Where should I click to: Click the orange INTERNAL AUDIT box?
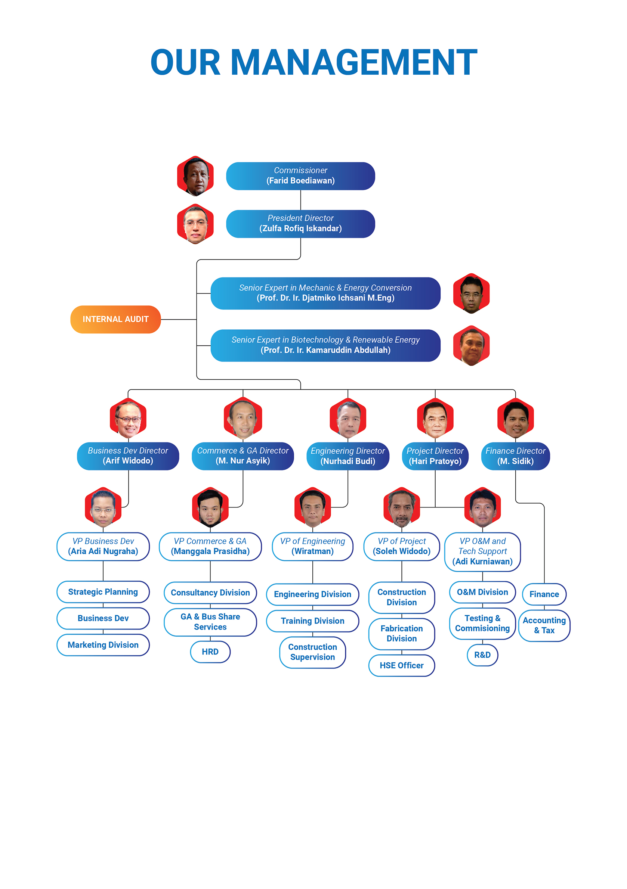(115, 319)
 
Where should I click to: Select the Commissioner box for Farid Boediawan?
(300, 176)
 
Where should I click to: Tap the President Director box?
(300, 224)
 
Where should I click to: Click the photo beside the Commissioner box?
(195, 176)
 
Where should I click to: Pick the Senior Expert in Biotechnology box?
(325, 345)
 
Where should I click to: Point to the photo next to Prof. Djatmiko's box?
(471, 293)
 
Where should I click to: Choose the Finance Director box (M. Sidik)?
(515, 456)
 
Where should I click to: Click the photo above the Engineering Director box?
(348, 418)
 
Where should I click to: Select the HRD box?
(210, 652)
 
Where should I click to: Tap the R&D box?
(482, 655)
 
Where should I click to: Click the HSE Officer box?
(401, 665)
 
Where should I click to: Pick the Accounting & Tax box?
(544, 625)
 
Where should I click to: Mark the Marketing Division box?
(103, 645)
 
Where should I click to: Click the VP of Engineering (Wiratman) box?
(312, 546)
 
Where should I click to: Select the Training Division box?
(312, 621)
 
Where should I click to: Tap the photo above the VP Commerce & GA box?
(210, 507)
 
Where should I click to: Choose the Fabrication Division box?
(401, 634)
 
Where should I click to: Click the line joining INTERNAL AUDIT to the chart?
(179, 320)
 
